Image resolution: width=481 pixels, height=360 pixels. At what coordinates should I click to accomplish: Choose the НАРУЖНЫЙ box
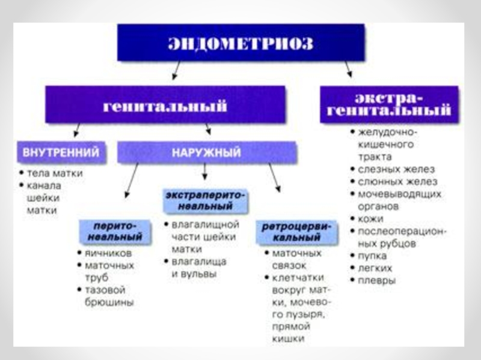pos(207,152)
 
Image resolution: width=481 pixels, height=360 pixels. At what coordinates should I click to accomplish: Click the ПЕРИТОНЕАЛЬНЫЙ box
pos(114,232)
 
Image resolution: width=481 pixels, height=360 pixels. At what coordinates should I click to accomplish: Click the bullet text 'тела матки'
pos(55,173)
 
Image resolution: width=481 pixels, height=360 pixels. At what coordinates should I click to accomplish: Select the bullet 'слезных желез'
pos(396,169)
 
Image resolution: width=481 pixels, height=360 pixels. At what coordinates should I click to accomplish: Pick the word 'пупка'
pos(373,256)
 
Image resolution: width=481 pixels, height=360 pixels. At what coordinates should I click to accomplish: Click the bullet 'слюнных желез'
pos(397,182)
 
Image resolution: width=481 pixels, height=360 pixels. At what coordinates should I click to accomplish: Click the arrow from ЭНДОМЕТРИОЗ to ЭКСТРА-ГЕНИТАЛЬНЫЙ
pos(348,70)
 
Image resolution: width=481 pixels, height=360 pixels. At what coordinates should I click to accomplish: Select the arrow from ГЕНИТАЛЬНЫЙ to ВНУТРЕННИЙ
pos(76,130)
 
